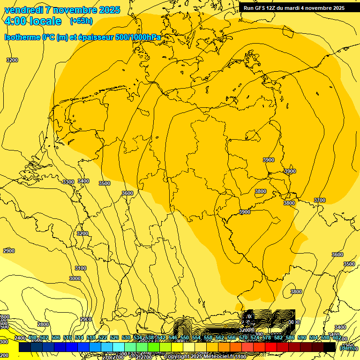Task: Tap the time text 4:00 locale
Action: coord(32,21)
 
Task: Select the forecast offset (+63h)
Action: coord(81,21)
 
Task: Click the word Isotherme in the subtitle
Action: coord(22,37)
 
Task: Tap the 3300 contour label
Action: coord(68,182)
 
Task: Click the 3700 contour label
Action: coord(319,200)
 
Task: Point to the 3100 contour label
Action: coord(81,268)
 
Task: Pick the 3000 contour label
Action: coord(75,278)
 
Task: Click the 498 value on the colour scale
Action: coord(32,338)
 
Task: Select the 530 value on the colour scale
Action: coord(126,338)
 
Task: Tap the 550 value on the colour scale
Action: coord(185,338)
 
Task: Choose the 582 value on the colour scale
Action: coord(278,338)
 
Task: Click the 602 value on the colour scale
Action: coord(337,338)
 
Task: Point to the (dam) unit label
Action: coord(347,347)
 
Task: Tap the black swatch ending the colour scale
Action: coord(330,347)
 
